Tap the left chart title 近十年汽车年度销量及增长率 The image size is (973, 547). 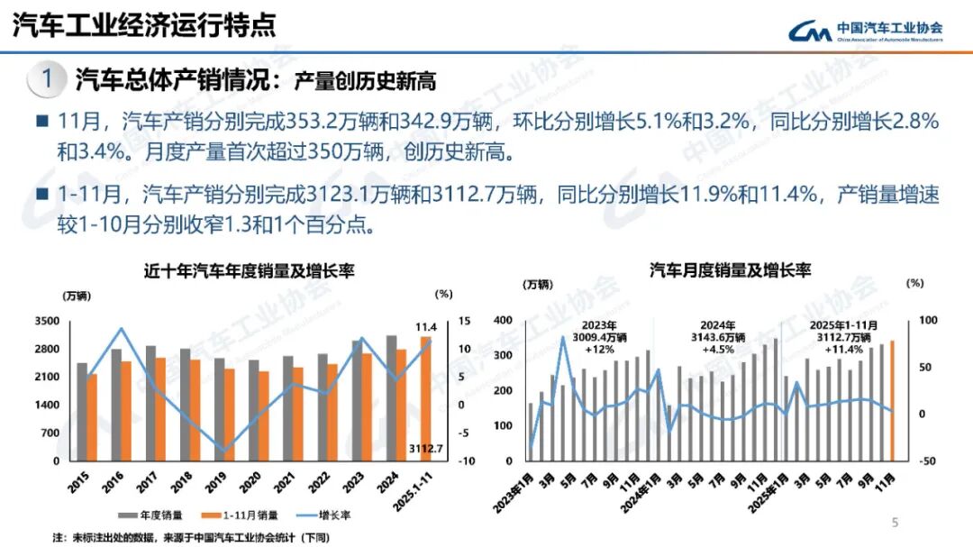[x=250, y=270]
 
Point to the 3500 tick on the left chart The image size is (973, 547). [x=47, y=322]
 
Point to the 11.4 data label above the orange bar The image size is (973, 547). [x=426, y=326]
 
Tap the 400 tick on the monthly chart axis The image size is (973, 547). [x=505, y=322]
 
